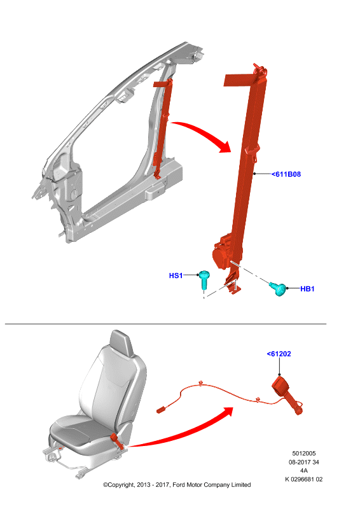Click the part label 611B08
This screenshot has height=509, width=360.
coord(286,174)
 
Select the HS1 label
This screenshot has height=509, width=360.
coord(176,275)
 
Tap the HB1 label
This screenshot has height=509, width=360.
coord(307,289)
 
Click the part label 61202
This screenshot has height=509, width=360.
coord(279,354)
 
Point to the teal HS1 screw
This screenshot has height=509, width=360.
coord(204,279)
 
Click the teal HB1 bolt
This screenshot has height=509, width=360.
coord(279,289)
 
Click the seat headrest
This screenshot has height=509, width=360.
coord(121,343)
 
